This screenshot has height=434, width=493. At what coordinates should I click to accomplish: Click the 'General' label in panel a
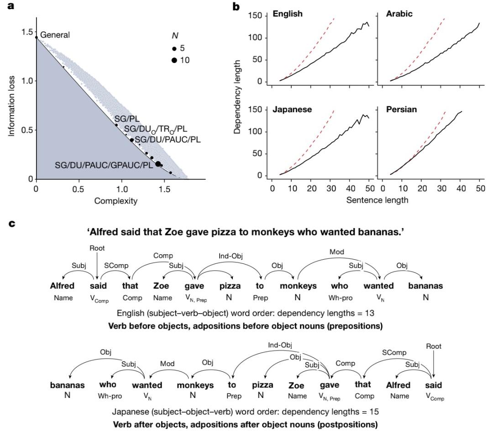tap(55, 35)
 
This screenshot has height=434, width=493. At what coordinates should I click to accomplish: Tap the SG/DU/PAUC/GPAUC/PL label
tap(104, 165)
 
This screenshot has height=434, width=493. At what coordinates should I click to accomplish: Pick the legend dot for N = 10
tap(174, 60)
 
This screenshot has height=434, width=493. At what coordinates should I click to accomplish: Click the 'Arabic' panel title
tap(399, 14)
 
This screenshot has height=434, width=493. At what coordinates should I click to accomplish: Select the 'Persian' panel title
tap(400, 110)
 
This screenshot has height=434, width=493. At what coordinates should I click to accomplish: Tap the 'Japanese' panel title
tap(292, 110)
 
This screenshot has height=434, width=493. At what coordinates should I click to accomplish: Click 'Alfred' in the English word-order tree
tap(63, 286)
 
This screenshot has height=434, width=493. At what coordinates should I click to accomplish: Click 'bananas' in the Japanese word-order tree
tap(67, 385)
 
